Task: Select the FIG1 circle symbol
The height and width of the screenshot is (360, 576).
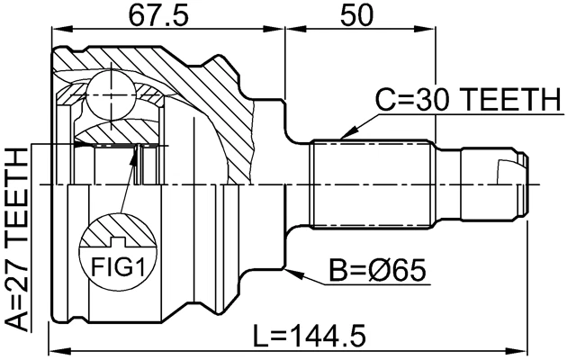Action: pos(115,249)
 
